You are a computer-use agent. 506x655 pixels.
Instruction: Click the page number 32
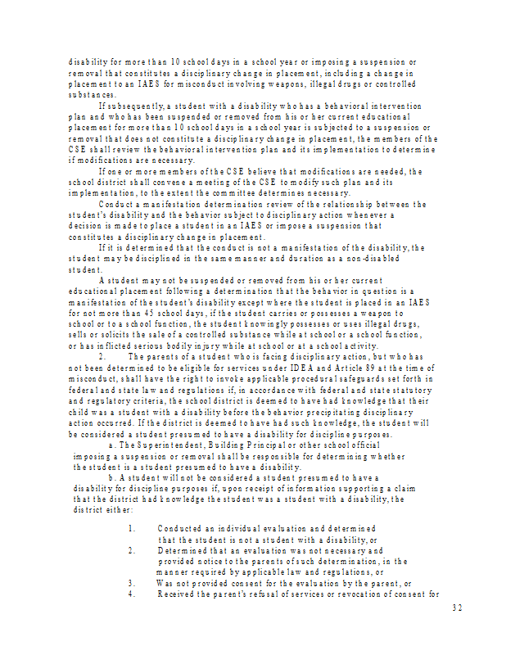[457, 608]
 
